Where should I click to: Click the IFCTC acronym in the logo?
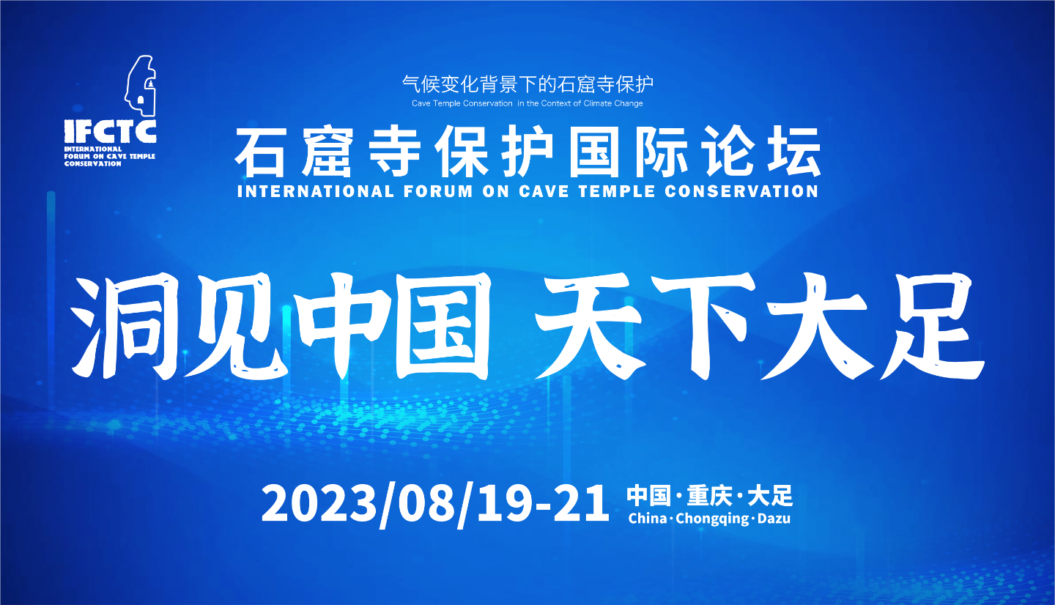110,131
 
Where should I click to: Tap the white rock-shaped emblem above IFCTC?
141,85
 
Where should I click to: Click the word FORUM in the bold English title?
438,191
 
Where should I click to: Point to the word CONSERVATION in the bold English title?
741,191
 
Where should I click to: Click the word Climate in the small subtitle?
597,103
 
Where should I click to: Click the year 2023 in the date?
319,504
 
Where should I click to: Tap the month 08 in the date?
427,504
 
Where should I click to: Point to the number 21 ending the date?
581,504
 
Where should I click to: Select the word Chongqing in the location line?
712,519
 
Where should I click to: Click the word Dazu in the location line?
774,519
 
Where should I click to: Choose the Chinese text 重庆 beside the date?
709,496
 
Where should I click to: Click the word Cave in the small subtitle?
421,103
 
